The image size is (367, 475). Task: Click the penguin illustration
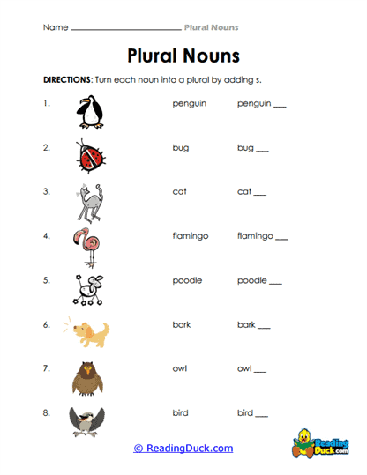[90, 112]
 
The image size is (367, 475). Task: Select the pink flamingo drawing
[88, 246]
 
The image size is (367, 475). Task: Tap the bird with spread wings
[88, 419]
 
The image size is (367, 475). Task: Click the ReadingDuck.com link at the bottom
[183, 449]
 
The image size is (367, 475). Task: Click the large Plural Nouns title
[183, 56]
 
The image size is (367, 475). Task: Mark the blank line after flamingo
[281, 240]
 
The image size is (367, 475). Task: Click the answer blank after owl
[260, 372]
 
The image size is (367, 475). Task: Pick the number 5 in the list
[46, 280]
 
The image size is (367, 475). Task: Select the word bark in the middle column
[182, 324]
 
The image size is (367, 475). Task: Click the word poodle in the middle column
[187, 280]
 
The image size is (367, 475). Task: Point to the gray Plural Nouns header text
[211, 27]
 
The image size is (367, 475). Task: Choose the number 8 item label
[46, 412]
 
